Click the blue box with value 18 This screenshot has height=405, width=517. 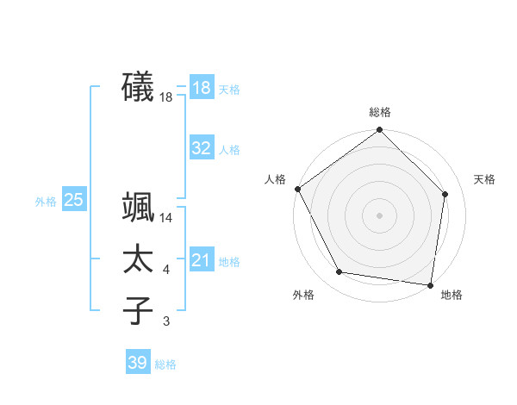[x=202, y=88]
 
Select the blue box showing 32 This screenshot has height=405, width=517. [x=202, y=148]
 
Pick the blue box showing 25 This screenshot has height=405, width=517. [x=74, y=201]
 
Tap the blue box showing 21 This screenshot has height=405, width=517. [x=202, y=261]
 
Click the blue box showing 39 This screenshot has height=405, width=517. [x=138, y=363]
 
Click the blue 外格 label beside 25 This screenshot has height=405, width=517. [x=46, y=202]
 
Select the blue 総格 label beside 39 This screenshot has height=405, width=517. [x=165, y=364]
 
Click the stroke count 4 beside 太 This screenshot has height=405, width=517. [x=166, y=271]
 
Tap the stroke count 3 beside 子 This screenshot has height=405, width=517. [x=166, y=322]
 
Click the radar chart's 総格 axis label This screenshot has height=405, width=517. [x=380, y=112]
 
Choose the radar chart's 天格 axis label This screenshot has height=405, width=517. [x=485, y=179]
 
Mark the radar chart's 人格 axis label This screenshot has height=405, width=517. [x=275, y=179]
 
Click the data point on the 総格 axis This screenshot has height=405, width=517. [x=380, y=131]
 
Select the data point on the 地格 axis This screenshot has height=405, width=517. [x=430, y=284]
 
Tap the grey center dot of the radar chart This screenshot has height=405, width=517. [x=380, y=215]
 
